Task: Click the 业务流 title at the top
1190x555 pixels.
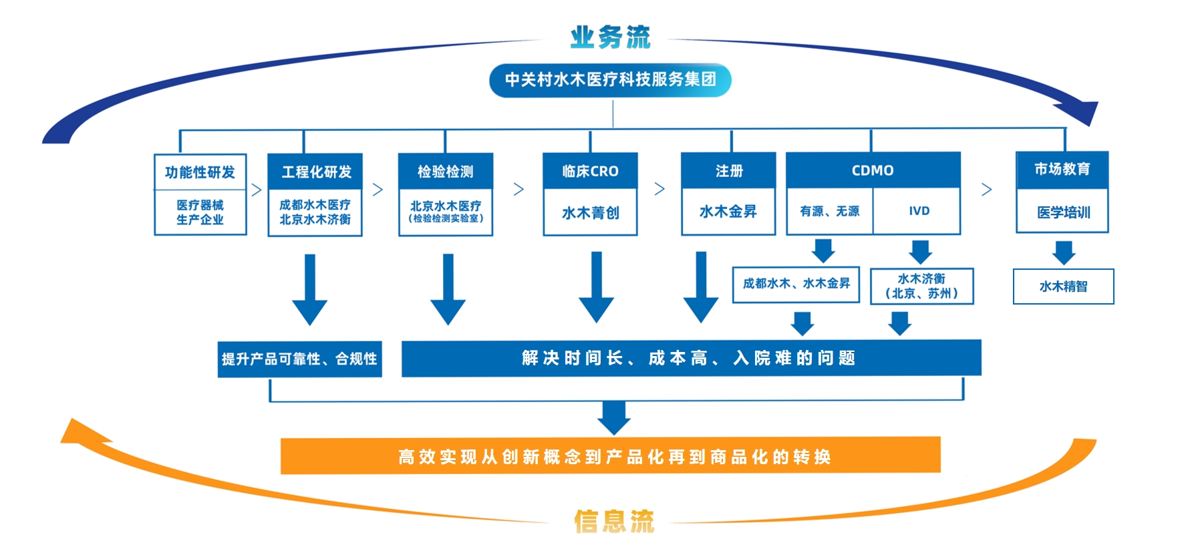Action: click(610, 37)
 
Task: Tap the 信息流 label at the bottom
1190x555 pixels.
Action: click(614, 521)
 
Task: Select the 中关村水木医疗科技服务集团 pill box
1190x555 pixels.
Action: click(610, 80)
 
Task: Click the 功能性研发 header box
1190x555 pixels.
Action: click(200, 172)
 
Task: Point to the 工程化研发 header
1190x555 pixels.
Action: click(315, 172)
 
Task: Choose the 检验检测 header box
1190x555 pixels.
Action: click(446, 172)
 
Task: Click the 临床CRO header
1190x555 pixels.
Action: click(590, 171)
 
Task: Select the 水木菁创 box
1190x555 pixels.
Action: click(590, 213)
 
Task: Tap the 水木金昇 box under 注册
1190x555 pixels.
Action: click(728, 212)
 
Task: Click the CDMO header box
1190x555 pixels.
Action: click(873, 170)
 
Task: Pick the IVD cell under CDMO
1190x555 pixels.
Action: click(919, 211)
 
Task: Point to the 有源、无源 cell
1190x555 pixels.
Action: click(829, 211)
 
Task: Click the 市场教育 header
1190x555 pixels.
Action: click(1062, 170)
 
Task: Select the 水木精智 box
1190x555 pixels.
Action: click(1063, 287)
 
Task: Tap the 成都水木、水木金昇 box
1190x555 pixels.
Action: click(796, 284)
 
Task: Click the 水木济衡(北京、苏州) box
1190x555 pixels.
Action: click(921, 286)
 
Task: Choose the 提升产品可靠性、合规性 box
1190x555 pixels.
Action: click(299, 359)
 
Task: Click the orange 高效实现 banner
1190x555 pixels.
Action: click(610, 456)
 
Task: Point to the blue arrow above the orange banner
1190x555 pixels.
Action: click(613, 418)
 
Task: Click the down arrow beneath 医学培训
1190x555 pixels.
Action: click(1064, 252)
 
